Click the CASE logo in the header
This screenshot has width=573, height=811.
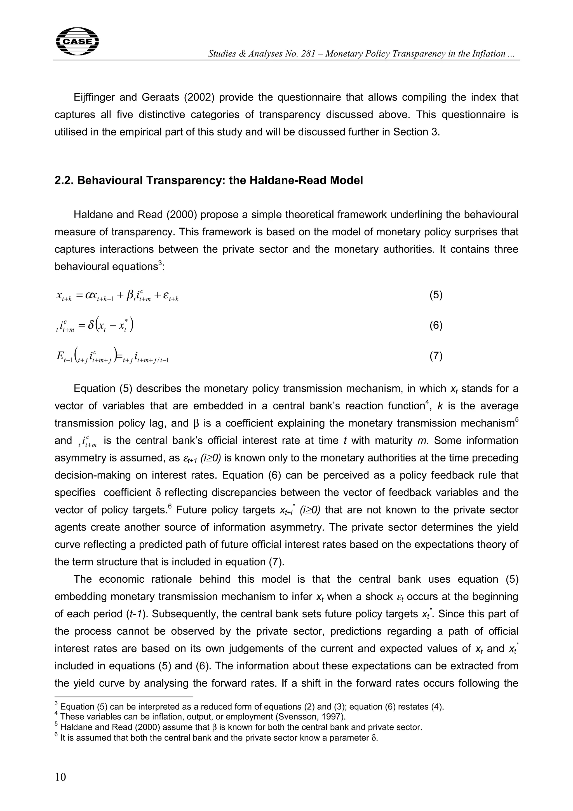coord(77,41)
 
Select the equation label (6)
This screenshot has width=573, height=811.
coord(436,325)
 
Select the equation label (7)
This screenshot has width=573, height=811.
coord(436,356)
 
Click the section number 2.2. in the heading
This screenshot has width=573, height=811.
coord(64,181)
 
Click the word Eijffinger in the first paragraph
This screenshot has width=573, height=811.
coord(94,97)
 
